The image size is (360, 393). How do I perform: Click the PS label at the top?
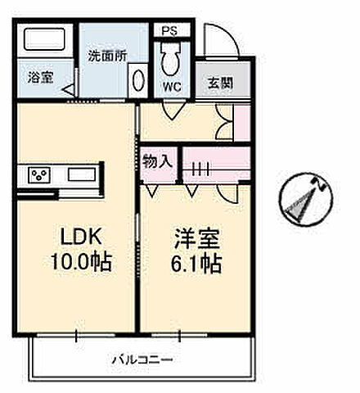point(169,30)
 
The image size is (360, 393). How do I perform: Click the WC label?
point(172,86)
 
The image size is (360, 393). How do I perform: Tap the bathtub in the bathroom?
point(47,40)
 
